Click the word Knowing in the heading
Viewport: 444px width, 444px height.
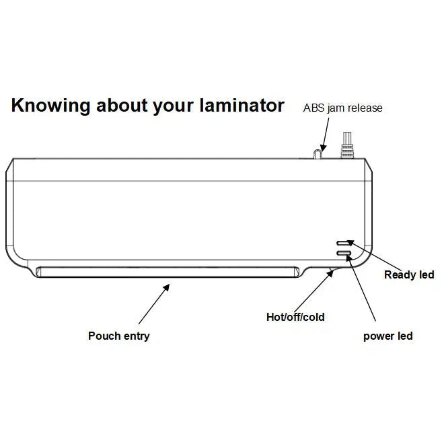(50, 106)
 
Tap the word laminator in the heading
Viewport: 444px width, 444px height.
(242, 105)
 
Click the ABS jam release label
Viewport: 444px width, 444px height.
(342, 108)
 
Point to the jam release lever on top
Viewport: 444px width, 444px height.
(318, 154)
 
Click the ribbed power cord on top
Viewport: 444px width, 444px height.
(347, 145)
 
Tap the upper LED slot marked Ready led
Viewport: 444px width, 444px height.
(343, 244)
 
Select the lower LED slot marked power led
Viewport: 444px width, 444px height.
(344, 253)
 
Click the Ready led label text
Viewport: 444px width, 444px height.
(409, 274)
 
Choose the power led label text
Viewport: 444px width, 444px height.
(388, 336)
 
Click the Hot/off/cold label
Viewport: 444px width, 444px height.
(295, 317)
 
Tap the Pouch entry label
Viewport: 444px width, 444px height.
(119, 336)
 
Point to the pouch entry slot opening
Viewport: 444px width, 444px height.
(168, 272)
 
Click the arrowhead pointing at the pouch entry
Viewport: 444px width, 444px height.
(167, 288)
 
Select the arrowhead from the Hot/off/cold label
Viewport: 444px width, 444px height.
(330, 274)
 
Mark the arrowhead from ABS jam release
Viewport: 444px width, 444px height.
(323, 148)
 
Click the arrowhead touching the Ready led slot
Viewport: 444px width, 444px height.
(350, 243)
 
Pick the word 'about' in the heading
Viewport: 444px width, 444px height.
(122, 105)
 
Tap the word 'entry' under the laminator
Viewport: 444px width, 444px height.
(137, 336)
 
